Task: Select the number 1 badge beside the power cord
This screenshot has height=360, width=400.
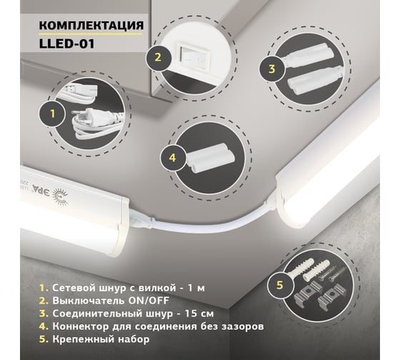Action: point(50,112)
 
